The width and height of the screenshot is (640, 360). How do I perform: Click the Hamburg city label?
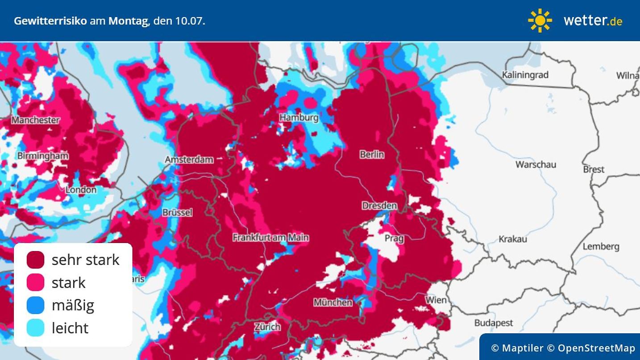pyautogui.click(x=299, y=117)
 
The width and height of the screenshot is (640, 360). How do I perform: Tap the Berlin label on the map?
pyautogui.click(x=372, y=155)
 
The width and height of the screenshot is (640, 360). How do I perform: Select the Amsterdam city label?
pyautogui.click(x=189, y=159)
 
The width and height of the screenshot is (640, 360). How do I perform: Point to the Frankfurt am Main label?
pyautogui.click(x=270, y=238)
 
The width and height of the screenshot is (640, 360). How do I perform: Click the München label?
pyautogui.click(x=332, y=302)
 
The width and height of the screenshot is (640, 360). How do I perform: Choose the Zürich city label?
pyautogui.click(x=267, y=327)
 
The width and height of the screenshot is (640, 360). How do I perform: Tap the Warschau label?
pyautogui.click(x=536, y=164)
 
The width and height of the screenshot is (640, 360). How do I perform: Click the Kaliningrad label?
pyautogui.click(x=525, y=75)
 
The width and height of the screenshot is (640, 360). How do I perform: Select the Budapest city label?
pyautogui.click(x=493, y=322)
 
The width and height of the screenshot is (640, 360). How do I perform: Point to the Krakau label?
pyautogui.click(x=513, y=239)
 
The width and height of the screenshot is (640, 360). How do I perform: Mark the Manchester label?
pyautogui.click(x=35, y=120)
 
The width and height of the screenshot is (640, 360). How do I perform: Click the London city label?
pyautogui.click(x=81, y=190)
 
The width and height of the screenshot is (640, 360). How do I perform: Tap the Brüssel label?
pyautogui.click(x=177, y=213)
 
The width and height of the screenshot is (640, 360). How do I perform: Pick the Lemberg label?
pyautogui.click(x=601, y=247)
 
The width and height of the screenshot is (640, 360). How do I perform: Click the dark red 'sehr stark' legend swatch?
pyautogui.click(x=35, y=260)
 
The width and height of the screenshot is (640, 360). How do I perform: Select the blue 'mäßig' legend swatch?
pyautogui.click(x=35, y=306)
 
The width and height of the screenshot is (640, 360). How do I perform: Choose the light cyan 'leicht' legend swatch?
pyautogui.click(x=35, y=328)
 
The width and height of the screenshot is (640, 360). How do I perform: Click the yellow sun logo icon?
pyautogui.click(x=540, y=21)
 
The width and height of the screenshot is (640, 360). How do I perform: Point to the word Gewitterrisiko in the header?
pyautogui.click(x=50, y=21)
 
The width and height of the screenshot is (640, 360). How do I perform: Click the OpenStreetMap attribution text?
pyautogui.click(x=596, y=348)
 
